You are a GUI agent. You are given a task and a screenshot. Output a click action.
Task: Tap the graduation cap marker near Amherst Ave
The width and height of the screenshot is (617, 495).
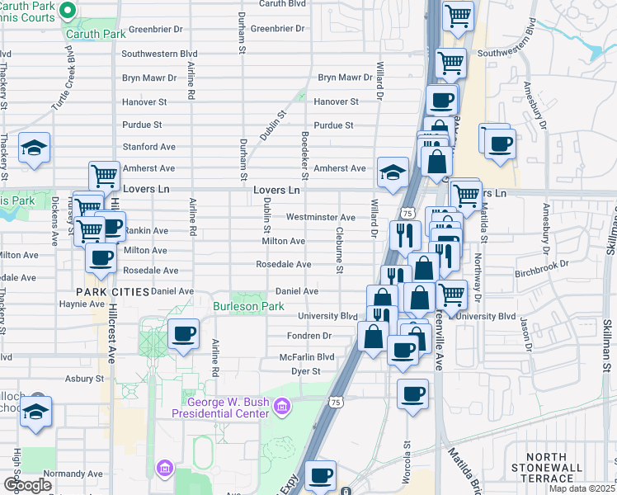click(393, 172)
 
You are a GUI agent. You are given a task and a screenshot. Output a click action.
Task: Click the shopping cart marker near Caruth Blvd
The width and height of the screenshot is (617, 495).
click(458, 15)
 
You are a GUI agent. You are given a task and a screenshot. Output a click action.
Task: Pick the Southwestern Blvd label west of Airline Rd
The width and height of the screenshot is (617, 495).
click(161, 54)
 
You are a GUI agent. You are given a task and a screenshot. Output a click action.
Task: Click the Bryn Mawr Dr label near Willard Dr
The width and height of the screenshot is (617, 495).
click(346, 78)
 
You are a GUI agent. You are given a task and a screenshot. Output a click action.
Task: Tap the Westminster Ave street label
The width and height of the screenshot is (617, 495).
click(321, 218)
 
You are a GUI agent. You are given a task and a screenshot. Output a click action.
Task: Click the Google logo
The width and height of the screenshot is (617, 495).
click(28, 485)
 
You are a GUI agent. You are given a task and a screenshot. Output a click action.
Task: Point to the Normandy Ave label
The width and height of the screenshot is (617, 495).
click(73, 474)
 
